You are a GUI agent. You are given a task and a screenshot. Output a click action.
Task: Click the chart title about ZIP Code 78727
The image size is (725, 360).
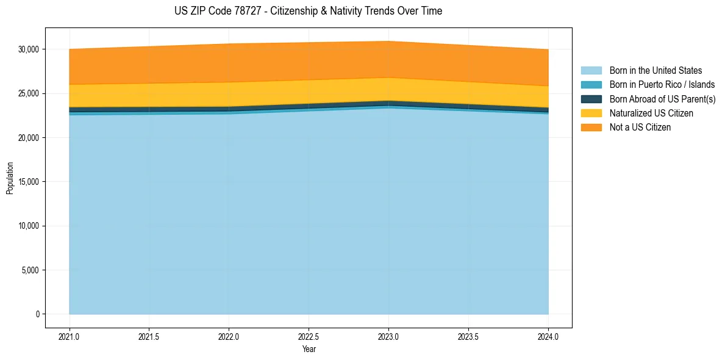click(x=308, y=11)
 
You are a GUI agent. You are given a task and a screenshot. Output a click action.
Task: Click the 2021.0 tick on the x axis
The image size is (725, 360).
click(x=70, y=336)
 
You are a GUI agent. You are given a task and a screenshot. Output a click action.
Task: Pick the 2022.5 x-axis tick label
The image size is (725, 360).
click(x=309, y=336)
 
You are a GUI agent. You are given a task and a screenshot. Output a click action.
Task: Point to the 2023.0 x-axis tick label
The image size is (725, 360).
click(x=389, y=336)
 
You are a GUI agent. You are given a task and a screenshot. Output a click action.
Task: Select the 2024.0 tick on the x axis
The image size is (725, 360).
click(x=549, y=336)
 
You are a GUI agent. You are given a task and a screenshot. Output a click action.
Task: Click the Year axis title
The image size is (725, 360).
click(x=309, y=350)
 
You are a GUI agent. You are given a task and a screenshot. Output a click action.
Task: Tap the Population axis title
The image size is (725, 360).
click(x=10, y=178)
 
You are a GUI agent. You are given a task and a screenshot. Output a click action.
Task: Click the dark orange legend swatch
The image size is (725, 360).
click(x=591, y=128)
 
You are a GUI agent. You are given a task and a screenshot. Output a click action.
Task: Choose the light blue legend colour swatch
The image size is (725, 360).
click(x=591, y=71)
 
